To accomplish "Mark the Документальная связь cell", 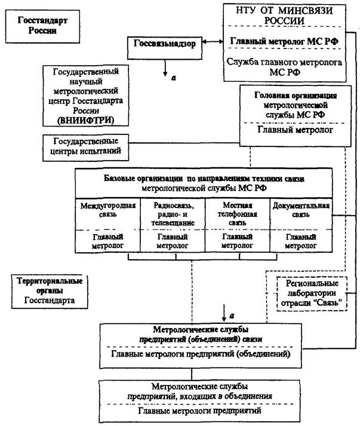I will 301,210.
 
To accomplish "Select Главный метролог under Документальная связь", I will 301,241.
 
